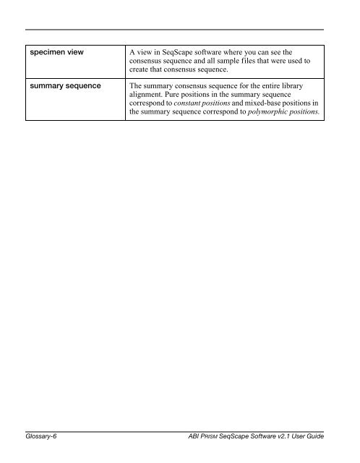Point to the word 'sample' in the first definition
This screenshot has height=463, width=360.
coord(246,62)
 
